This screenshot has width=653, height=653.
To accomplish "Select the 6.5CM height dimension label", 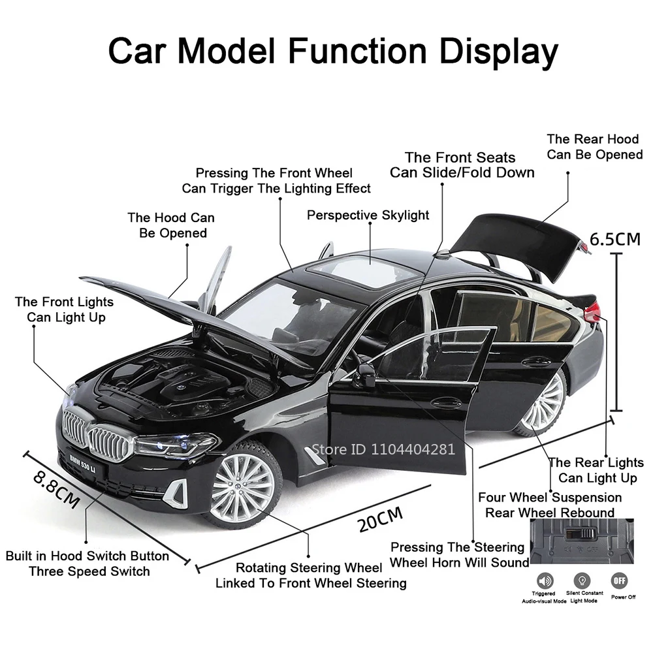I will tap(615, 238).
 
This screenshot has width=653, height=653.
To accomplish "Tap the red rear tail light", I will tap(592, 312).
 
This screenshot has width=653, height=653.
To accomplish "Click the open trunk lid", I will tap(516, 245).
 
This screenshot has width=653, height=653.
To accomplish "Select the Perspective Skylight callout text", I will tap(368, 215).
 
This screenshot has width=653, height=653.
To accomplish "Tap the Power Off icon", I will tap(618, 580).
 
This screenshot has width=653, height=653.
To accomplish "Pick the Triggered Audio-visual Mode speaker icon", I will tap(543, 580).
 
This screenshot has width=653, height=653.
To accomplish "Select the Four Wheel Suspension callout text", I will tap(550, 498).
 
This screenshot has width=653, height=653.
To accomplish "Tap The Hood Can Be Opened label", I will tap(170, 225).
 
